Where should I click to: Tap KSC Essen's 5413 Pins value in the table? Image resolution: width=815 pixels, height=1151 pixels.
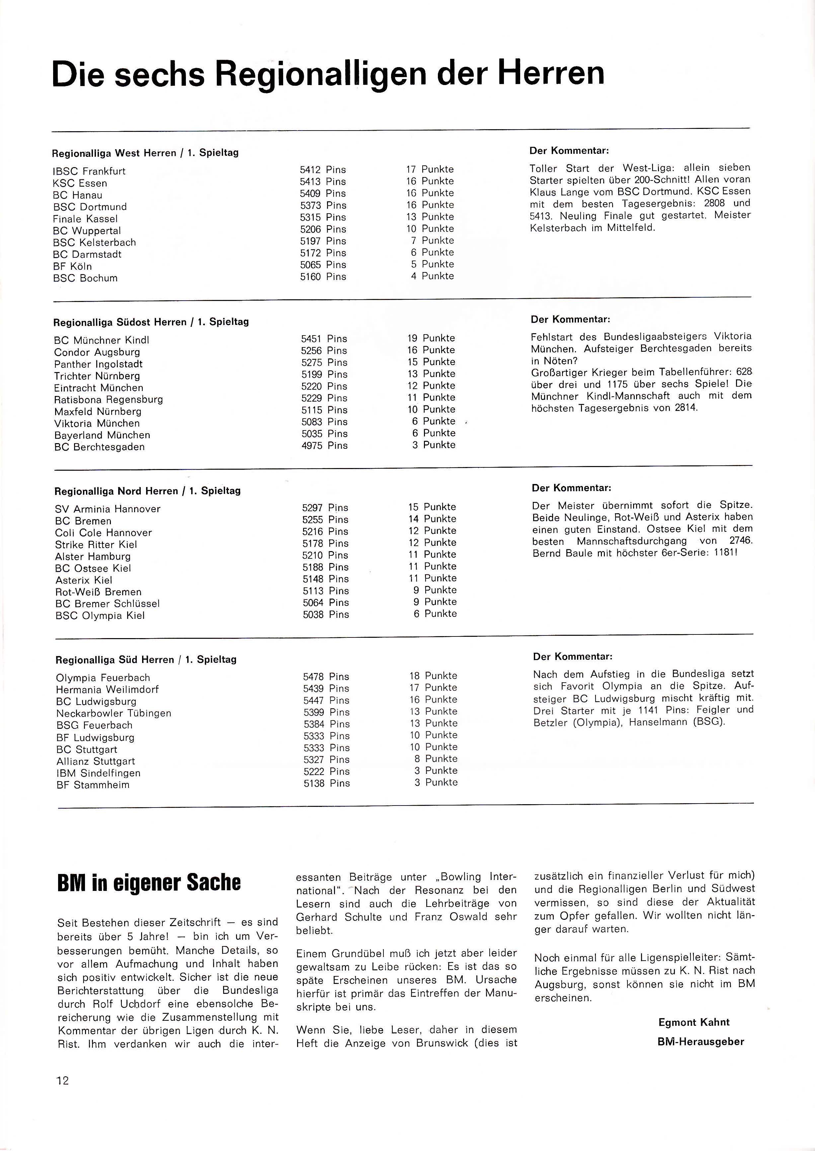click(323, 182)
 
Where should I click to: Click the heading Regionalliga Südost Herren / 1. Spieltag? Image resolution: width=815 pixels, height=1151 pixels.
click(151, 322)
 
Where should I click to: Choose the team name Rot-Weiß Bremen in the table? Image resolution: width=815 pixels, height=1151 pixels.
click(98, 592)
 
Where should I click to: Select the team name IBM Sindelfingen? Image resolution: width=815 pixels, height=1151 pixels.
click(98, 773)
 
